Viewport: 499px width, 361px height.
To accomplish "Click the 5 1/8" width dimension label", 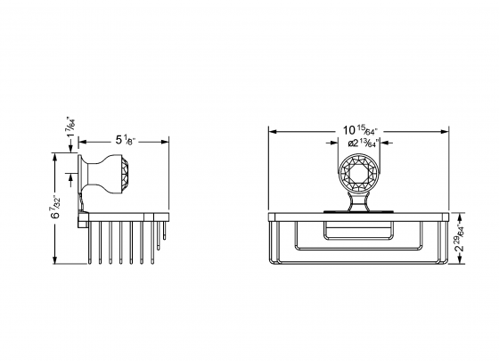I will click(x=124, y=140).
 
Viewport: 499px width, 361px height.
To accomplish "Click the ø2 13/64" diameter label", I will click(x=363, y=142).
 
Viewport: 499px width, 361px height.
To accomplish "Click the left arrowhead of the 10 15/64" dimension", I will click(x=274, y=130).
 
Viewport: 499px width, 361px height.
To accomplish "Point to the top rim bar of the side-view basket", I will click(x=125, y=216).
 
